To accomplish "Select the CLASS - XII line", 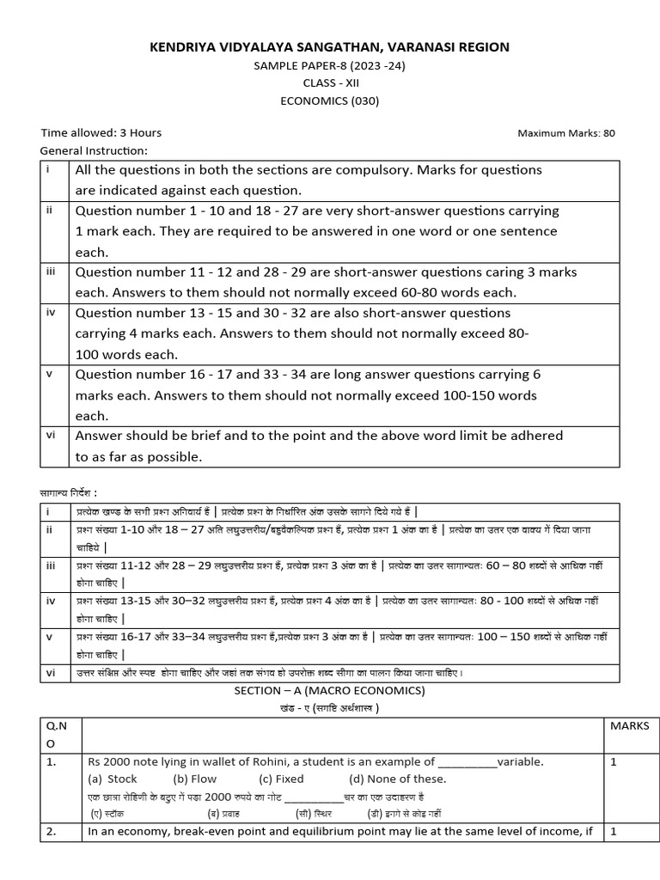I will (330, 83).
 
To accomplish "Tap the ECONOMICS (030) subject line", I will (330, 101).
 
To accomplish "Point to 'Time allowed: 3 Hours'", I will (101, 132).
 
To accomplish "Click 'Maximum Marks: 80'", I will (566, 133).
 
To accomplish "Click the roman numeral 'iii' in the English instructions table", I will (51, 271).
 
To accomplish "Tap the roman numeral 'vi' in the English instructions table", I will (51, 435).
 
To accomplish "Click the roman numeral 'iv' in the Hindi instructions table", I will (51, 601).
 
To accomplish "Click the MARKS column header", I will (629, 726).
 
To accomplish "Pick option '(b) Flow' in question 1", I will (195, 779).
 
